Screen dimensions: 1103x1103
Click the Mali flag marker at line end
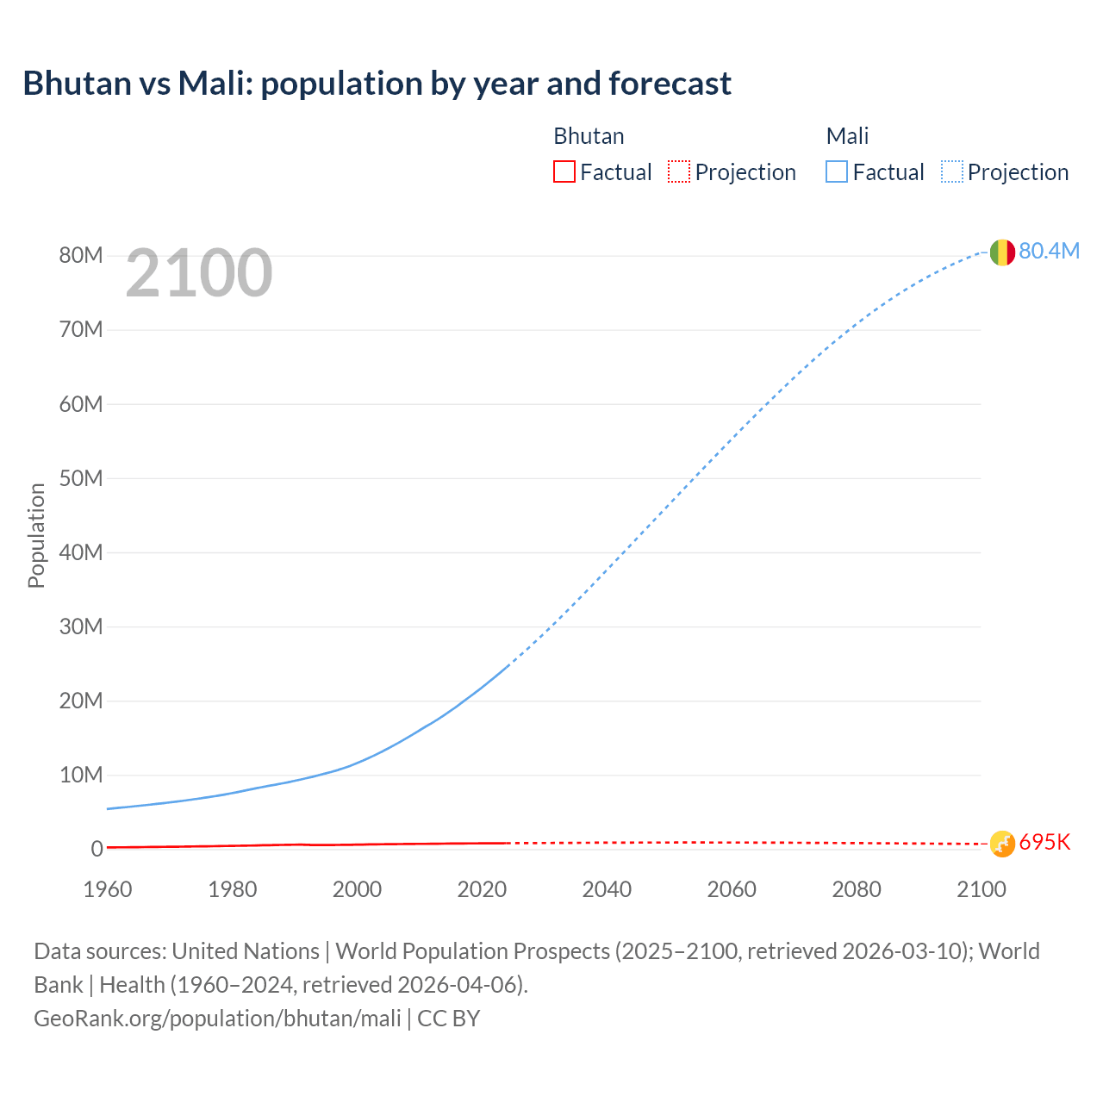click(1002, 252)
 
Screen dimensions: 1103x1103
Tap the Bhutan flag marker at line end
click(1002, 844)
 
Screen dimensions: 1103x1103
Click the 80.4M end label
click(1049, 251)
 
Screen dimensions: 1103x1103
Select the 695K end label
click(1044, 843)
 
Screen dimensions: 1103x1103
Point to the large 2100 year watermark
click(199, 273)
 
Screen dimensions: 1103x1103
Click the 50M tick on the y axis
click(81, 478)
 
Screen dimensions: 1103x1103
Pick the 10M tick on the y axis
click(81, 775)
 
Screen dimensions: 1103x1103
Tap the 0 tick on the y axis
click(97, 849)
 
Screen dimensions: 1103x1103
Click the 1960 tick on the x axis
click(108, 889)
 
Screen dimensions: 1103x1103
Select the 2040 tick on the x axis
click(607, 889)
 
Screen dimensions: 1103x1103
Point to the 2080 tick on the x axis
click(857, 889)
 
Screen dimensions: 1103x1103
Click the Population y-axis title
click(36, 535)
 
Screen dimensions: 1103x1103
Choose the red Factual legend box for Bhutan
click(564, 171)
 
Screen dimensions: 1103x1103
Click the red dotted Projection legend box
click(679, 171)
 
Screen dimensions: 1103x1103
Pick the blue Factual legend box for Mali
click(837, 171)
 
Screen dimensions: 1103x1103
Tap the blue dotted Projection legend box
click(952, 171)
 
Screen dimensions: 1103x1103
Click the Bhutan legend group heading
click(589, 136)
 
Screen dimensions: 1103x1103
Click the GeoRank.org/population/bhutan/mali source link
click(217, 1019)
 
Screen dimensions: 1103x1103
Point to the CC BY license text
click(449, 1019)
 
